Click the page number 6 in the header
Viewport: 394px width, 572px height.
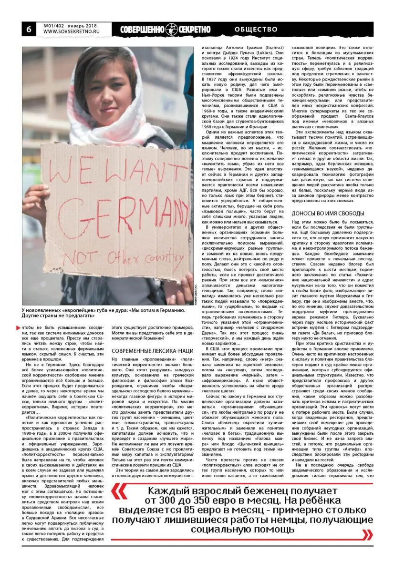pos(28,29)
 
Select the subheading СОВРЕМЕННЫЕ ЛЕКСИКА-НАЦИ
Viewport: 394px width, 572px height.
pos(152,350)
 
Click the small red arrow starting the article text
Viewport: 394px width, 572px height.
pos(19,327)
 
